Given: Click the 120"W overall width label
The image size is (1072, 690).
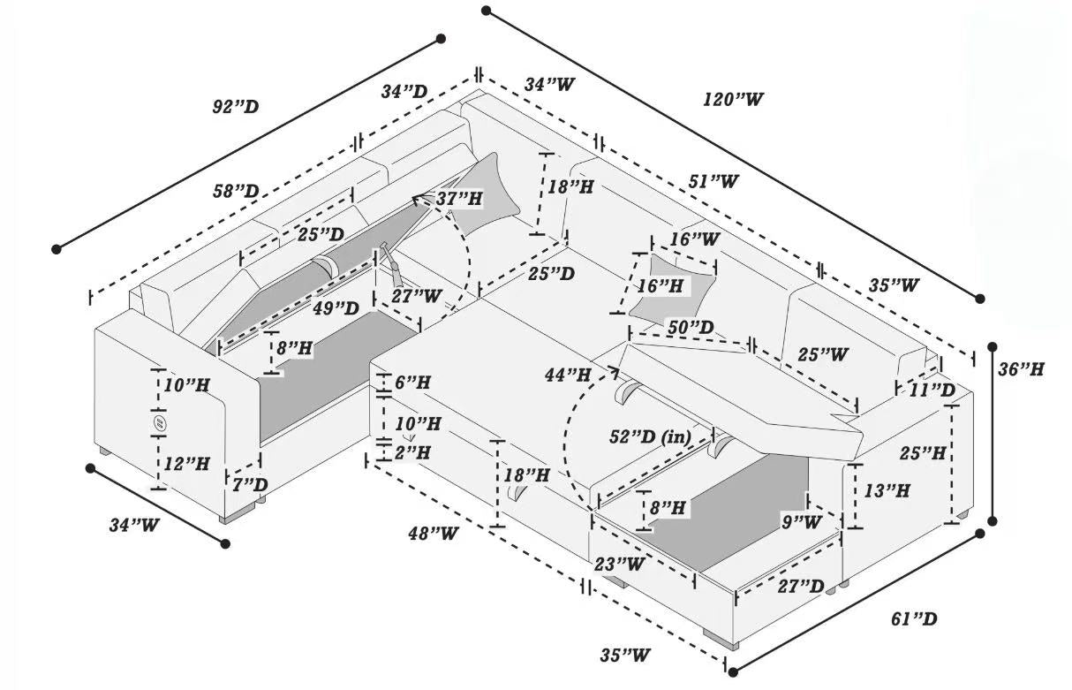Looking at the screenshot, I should tap(733, 99).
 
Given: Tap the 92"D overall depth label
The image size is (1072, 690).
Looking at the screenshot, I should tap(235, 107).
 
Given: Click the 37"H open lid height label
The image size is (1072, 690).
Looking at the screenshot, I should tap(458, 200).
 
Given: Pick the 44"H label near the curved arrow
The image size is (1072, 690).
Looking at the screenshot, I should tap(568, 375).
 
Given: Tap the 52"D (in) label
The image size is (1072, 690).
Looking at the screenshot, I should tap(651, 436).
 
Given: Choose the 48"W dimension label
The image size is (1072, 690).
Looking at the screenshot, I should tap(433, 534).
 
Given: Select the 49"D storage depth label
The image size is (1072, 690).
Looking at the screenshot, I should tap(336, 308).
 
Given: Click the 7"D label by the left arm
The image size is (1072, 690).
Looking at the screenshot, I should tap(249, 484).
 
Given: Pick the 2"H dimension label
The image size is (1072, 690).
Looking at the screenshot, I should tap(411, 452).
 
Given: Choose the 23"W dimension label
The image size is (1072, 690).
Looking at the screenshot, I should tap(621, 563).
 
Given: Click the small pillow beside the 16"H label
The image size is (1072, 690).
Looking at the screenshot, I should tap(673, 284).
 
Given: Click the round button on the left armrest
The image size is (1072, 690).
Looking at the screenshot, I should tap(160, 425).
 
